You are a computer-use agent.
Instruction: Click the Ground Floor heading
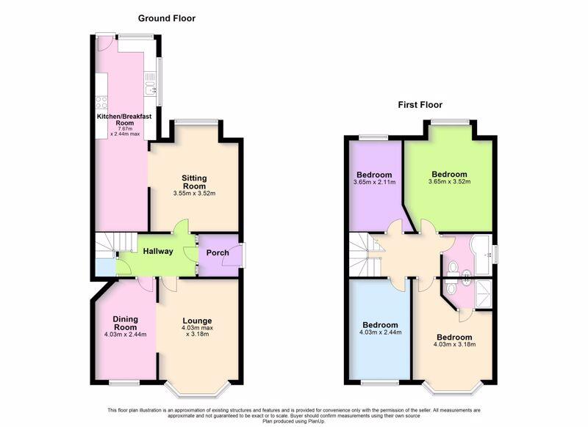pos(167,18)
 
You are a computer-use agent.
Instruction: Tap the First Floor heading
pos(420,105)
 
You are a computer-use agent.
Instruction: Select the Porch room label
pos(218,252)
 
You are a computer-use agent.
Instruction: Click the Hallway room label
pos(158,252)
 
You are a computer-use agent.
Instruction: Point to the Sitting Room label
pos(194,182)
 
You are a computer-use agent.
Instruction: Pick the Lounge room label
pos(197,321)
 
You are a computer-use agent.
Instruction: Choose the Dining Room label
pos(126,323)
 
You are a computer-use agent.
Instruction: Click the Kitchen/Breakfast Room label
pos(124,120)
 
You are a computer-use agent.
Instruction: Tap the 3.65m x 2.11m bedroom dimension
pos(374,182)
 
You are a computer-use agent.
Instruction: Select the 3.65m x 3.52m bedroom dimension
pos(449,181)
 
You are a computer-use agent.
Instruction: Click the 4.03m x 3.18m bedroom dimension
pos(454,344)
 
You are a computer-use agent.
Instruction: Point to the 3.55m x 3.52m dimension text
pos(194,194)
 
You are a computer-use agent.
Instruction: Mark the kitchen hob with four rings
pos(101,102)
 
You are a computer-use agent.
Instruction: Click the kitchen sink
pos(150,89)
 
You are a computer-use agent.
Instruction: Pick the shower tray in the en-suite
pos(483,293)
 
